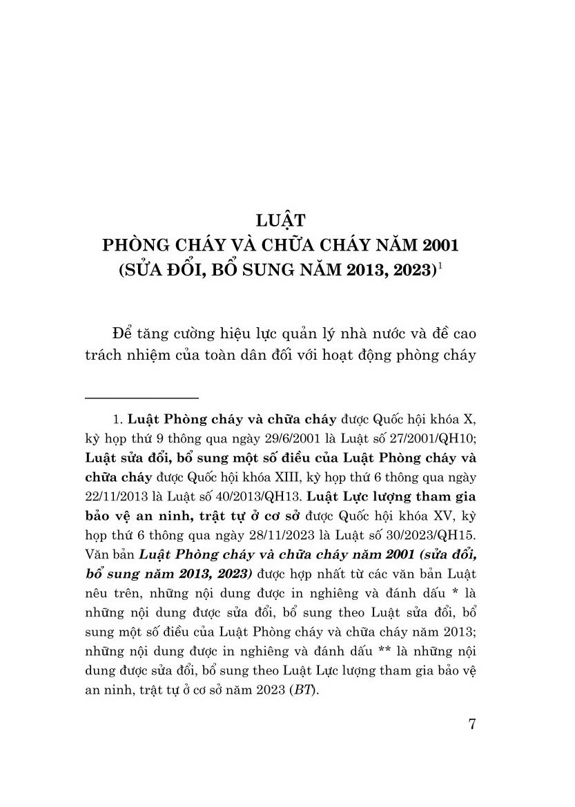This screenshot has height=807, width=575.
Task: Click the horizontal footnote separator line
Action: tap(142, 398)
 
